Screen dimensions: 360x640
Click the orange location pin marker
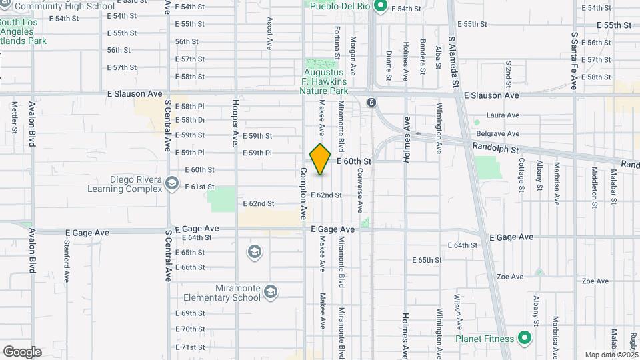point(321,159)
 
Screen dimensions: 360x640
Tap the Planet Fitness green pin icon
point(524,338)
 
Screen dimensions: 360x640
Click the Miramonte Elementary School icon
point(270,291)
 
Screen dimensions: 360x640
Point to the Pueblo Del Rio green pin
point(381,7)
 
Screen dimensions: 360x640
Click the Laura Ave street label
point(503,115)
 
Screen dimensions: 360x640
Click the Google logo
point(22,351)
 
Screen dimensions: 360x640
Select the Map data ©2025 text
point(610,355)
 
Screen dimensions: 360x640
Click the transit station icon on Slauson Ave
point(371,102)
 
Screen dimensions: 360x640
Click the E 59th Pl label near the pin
point(257,153)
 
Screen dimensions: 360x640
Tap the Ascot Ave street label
point(270,33)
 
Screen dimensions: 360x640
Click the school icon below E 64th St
point(253,252)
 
